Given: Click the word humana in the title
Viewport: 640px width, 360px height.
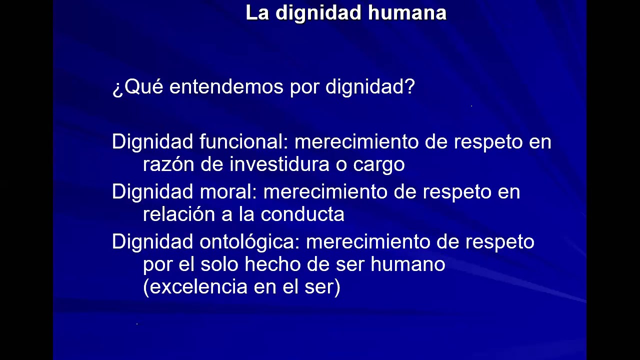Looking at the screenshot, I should [407, 13].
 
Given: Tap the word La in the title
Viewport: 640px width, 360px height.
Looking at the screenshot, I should [257, 13].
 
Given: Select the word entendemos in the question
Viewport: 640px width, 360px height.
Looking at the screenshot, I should [227, 87].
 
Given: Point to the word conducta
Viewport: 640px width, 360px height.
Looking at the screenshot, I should [302, 214].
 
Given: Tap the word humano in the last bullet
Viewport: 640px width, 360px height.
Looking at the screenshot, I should [407, 264].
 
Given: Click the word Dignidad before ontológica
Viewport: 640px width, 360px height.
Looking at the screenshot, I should [152, 242].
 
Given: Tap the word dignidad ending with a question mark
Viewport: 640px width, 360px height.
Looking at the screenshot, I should [370, 87].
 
